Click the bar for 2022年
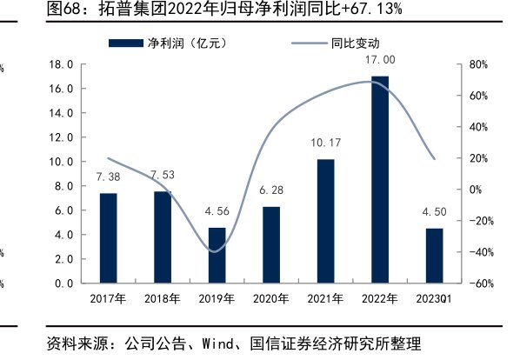click(379, 179)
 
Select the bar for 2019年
click(217, 255)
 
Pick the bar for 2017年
click(108, 237)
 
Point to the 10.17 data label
click(325, 143)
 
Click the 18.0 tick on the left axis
click(60, 64)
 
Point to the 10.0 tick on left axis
click(60, 162)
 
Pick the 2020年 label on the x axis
click(271, 299)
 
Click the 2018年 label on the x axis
click(163, 299)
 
